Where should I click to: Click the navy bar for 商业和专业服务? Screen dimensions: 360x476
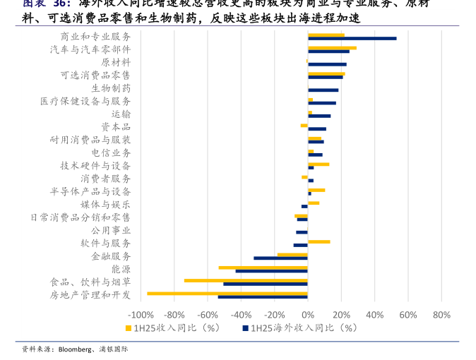pyautogui.click(x=352, y=38)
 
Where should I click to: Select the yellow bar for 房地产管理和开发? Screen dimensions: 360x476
pyautogui.click(x=227, y=293)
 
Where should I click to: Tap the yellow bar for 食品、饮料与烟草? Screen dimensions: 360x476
pyautogui.click(x=246, y=280)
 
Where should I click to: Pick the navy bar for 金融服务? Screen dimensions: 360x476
pyautogui.click(x=280, y=258)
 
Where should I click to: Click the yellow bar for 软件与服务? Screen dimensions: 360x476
pyautogui.click(x=319, y=241)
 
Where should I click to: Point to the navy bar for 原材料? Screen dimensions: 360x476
pyautogui.click(x=317, y=64)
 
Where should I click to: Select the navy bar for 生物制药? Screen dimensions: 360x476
pyautogui.click(x=323, y=90)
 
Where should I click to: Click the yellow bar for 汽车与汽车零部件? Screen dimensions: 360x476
pyautogui.click(x=332, y=48)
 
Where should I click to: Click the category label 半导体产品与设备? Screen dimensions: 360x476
pyautogui.click(x=90, y=191)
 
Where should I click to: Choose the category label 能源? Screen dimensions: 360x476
pyautogui.click(x=121, y=269)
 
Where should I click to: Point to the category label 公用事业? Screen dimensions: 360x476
pyautogui.click(x=111, y=230)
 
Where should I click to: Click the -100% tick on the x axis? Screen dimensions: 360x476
pyautogui.click(x=140, y=315)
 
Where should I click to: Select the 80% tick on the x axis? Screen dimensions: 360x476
pyautogui.click(x=441, y=315)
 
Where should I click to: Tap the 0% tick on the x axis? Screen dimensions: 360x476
pyautogui.click(x=308, y=315)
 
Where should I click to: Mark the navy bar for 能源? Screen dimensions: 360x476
pyautogui.click(x=271, y=271)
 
